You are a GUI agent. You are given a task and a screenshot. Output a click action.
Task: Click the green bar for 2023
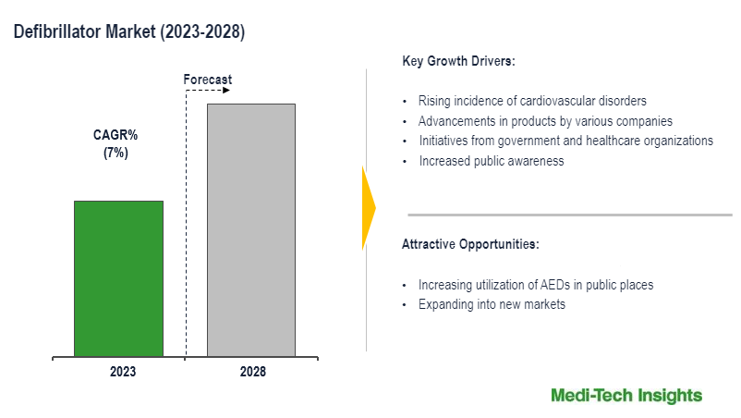[x=118, y=278]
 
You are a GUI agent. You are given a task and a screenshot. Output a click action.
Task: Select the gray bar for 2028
[x=250, y=229]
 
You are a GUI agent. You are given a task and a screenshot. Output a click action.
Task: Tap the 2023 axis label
[x=122, y=372]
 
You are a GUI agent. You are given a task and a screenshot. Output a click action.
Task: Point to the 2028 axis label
[x=251, y=372]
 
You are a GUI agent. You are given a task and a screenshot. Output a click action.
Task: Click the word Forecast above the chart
[x=207, y=80]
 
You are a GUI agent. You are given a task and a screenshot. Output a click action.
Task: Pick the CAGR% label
[x=115, y=135]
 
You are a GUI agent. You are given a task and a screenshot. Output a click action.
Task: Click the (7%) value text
[x=115, y=153]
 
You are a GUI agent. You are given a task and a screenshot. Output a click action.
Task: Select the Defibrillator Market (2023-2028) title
[x=129, y=32]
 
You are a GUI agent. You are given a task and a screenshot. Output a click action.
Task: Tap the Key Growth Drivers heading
[x=458, y=62]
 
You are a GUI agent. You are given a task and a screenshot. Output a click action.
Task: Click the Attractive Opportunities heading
[x=470, y=245]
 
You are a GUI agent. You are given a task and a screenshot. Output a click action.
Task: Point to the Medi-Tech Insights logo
[x=626, y=396]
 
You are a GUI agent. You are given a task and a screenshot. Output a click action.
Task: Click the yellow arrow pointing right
[x=368, y=208]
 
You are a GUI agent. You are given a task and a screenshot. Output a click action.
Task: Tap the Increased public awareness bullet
[x=491, y=161]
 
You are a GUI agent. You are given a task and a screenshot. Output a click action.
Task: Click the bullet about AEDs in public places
[x=536, y=285]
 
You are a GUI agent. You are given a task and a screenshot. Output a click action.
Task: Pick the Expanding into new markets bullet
[x=492, y=304]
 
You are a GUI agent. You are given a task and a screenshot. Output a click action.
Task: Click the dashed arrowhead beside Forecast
[x=225, y=91]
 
